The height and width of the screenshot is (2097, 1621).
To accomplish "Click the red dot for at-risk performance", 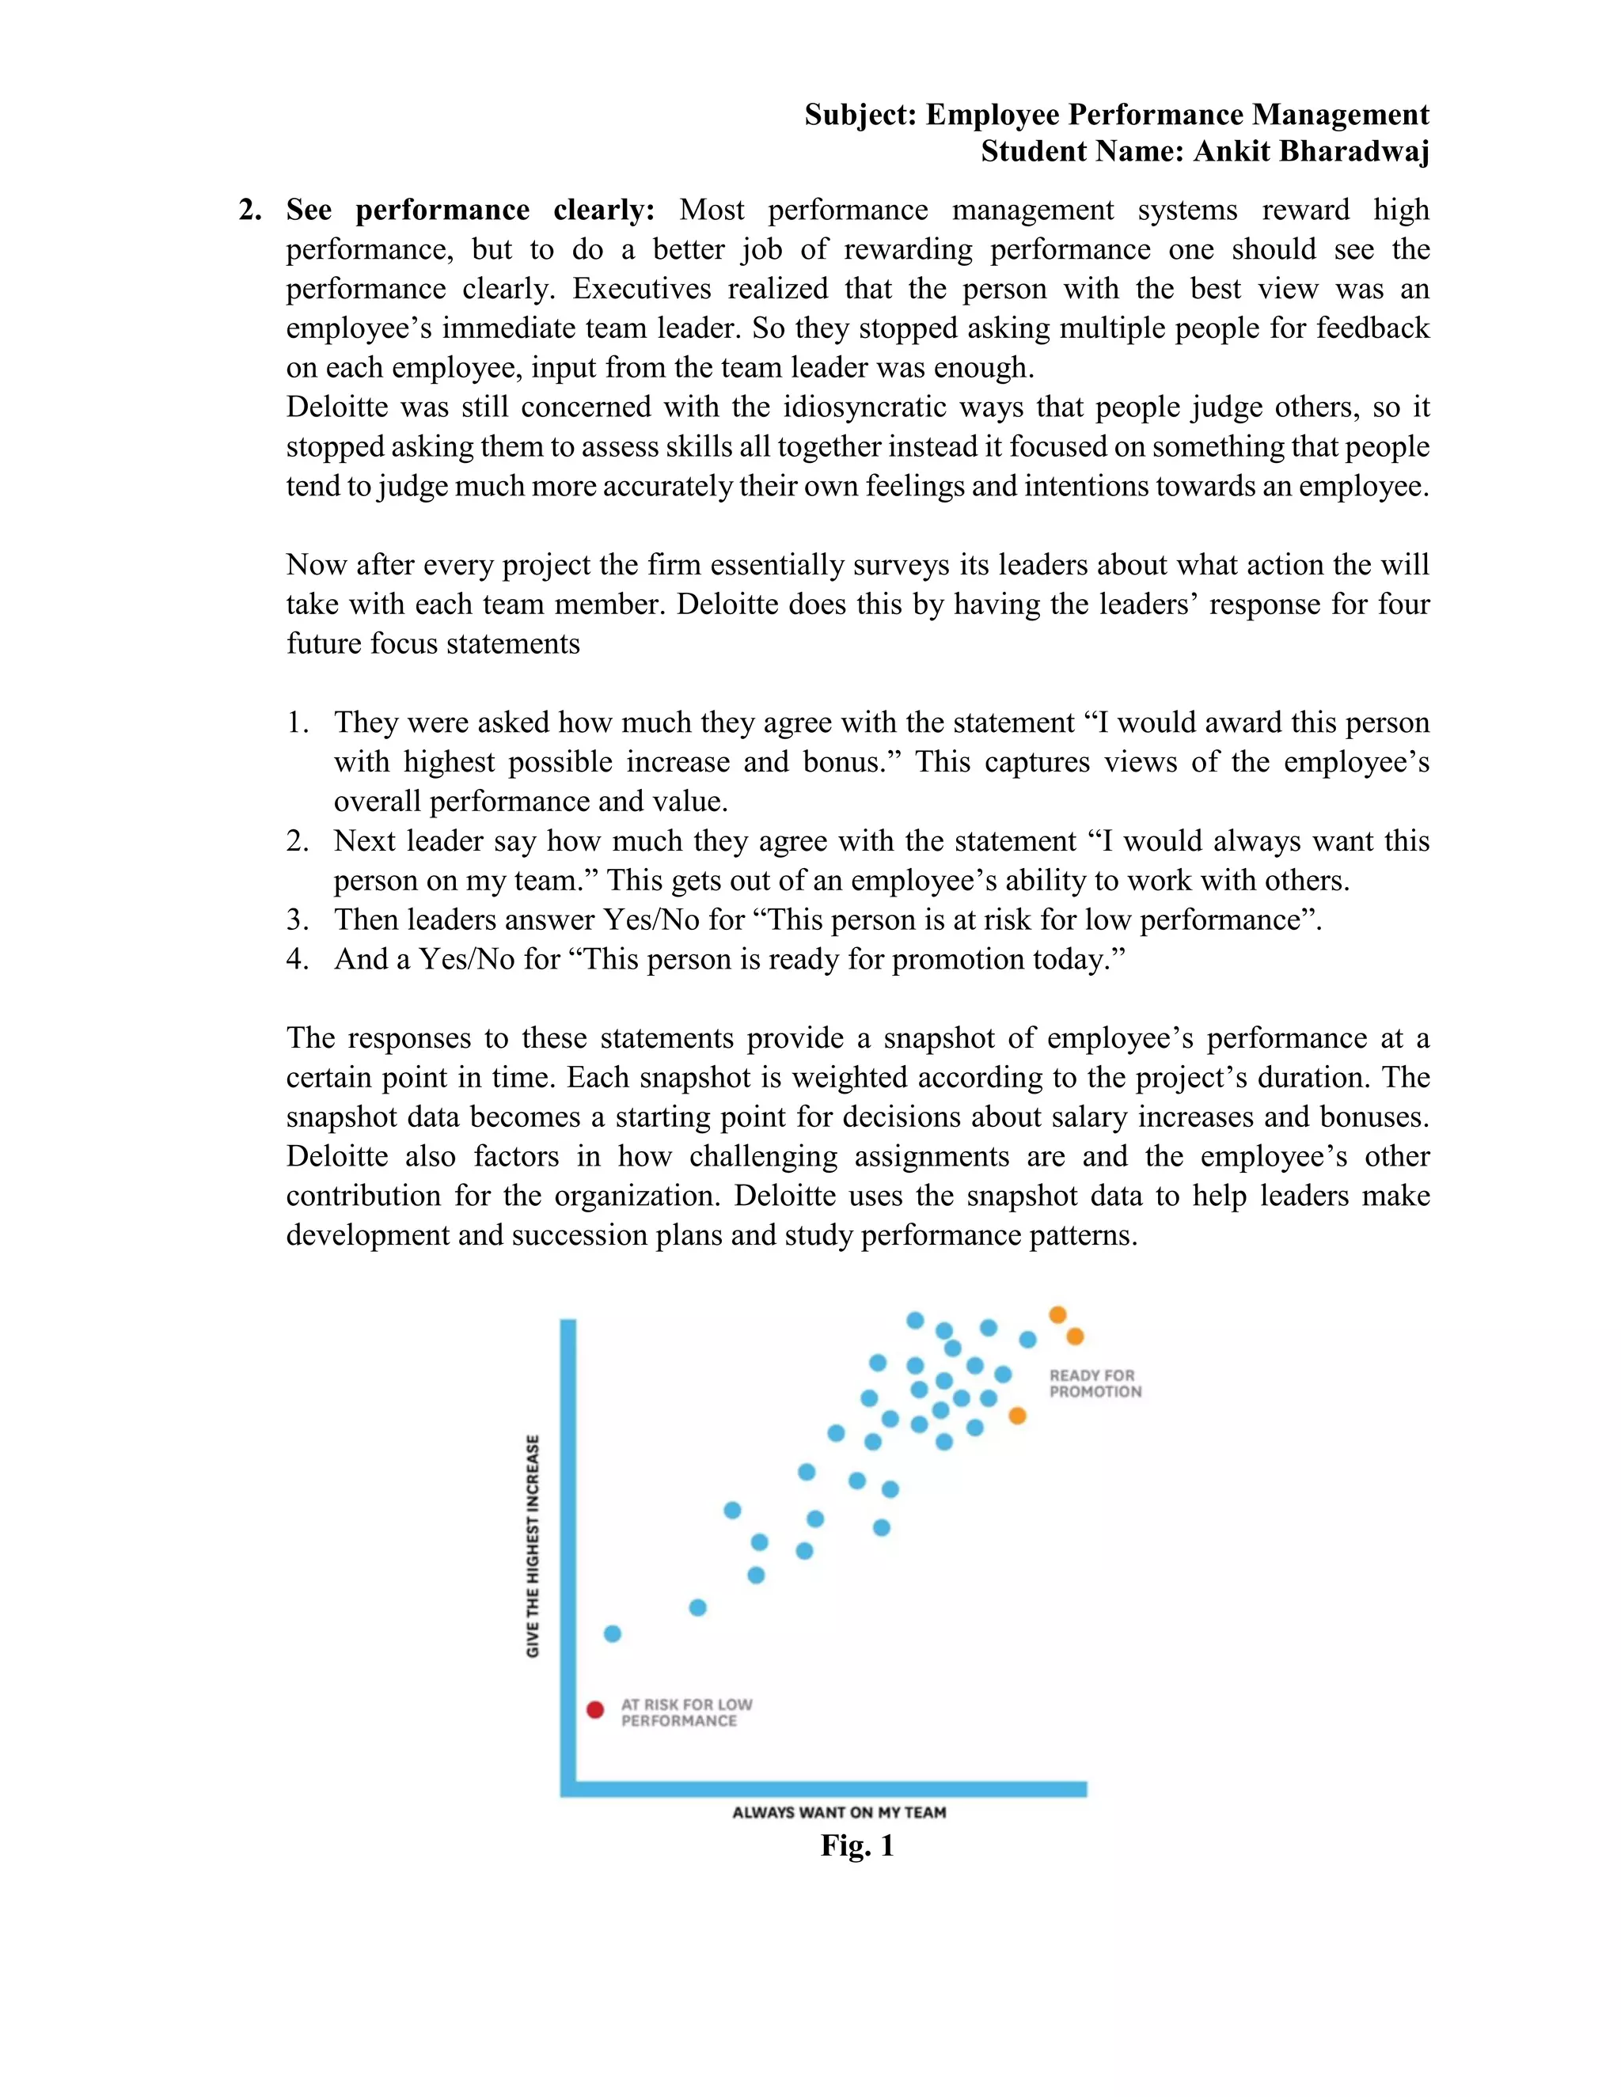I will pos(595,1710).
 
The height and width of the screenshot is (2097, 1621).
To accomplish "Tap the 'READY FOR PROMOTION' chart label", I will pos(1095,1383).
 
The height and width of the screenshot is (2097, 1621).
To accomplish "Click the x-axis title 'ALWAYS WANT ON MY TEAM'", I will pos(838,1813).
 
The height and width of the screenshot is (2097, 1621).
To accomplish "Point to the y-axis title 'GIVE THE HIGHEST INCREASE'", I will pos(533,1546).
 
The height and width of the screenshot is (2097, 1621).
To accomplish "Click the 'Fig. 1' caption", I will pos(856,1845).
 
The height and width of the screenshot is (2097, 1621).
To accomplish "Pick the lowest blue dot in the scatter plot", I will pos(613,1633).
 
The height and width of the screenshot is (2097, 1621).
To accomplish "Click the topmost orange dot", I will pos(1057,1314).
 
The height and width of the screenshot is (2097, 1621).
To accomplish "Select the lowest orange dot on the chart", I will pos(1018,1416).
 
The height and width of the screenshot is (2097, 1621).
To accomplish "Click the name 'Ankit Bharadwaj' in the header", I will pos(1311,152).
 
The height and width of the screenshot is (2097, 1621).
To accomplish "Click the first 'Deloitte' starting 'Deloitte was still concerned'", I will pos(336,407).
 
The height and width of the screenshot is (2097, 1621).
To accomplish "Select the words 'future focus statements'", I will pos(433,643).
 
